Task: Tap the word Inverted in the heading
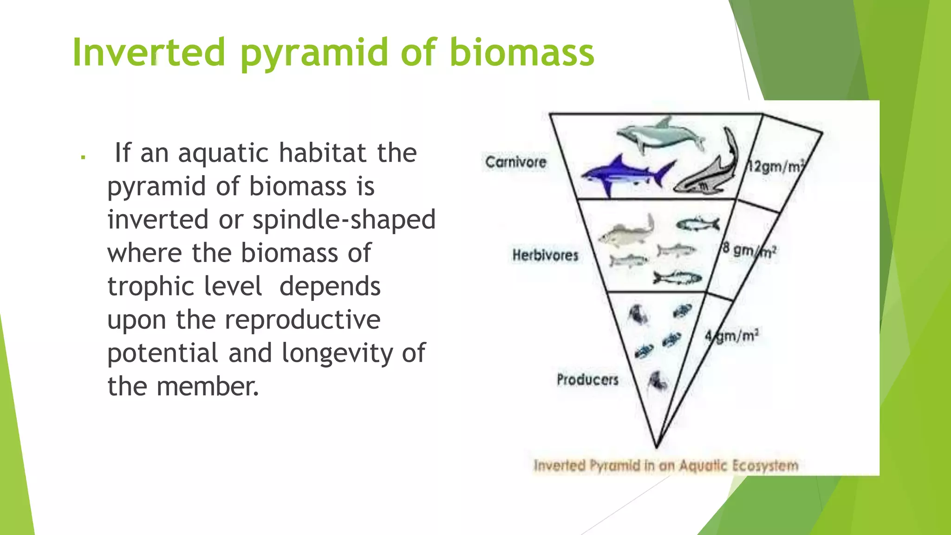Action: click(149, 52)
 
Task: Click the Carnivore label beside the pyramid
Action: click(515, 162)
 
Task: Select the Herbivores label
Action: click(545, 255)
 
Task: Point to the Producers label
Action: click(587, 379)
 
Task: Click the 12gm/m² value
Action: click(775, 166)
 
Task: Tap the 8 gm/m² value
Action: click(749, 250)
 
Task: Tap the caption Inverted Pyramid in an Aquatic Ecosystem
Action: click(666, 465)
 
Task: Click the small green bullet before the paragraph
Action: click(83, 157)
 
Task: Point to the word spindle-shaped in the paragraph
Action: click(344, 220)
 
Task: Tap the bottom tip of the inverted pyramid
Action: click(657, 447)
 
